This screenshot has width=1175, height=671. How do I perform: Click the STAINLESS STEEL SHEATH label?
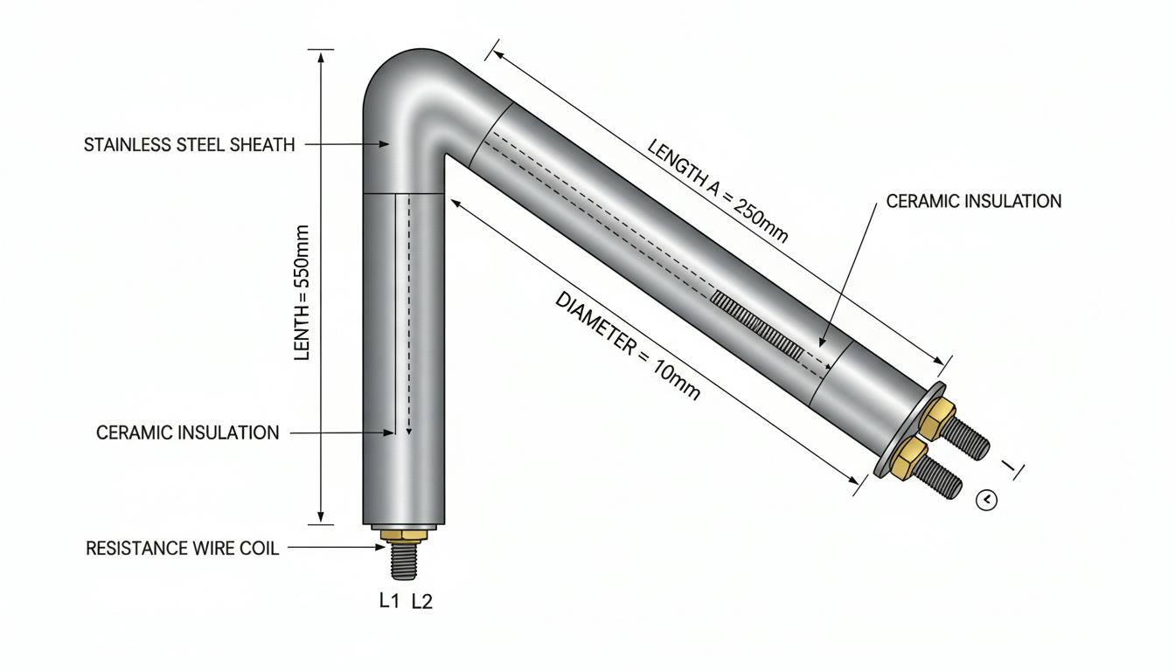pos(190,145)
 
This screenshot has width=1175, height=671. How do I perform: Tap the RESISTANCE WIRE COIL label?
pos(182,549)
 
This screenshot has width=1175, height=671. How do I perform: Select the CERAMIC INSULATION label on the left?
pos(187,433)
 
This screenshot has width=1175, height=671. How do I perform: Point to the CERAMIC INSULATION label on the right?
pos(974,201)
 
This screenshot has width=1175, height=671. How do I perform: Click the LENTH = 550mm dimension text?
pos(302,293)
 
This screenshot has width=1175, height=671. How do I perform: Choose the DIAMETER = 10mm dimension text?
pos(628,346)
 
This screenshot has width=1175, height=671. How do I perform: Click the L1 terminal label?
pos(389,601)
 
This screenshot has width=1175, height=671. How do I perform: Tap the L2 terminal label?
pos(421,601)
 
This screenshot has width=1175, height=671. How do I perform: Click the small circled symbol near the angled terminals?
pos(986,500)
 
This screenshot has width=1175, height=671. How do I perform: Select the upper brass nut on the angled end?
pos(938,419)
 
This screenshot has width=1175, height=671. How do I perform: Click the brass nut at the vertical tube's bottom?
pos(404,535)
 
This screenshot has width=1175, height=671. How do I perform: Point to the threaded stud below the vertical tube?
pos(404,560)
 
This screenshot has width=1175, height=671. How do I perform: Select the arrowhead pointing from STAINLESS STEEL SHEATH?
pos(384,144)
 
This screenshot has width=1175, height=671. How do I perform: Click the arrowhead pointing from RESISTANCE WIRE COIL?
pos(380,547)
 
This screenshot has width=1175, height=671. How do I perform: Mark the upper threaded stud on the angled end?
pos(967,438)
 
